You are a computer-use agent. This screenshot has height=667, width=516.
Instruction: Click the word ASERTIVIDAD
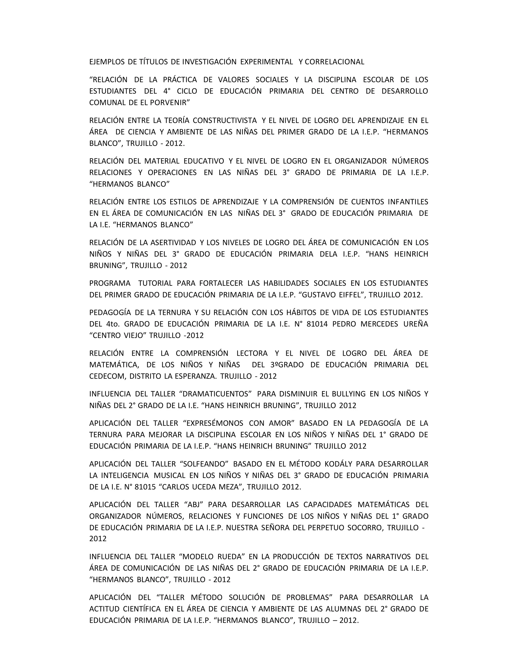click(173, 242)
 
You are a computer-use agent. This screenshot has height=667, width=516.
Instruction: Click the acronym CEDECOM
click(107, 376)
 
